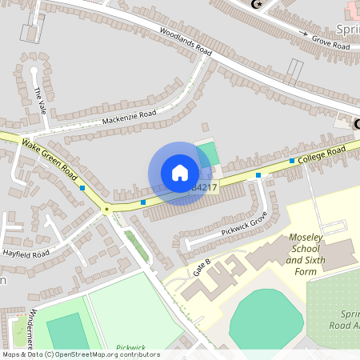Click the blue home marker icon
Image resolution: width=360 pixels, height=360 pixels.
point(180,173)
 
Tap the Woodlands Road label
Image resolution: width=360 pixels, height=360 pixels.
point(185,42)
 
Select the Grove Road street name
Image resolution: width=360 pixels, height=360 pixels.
point(330,46)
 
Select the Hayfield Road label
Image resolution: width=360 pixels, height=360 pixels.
point(26,253)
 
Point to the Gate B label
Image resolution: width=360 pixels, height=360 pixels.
point(202,267)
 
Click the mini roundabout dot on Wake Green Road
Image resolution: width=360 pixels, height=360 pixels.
point(106,210)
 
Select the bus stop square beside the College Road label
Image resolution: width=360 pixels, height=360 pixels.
point(291,161)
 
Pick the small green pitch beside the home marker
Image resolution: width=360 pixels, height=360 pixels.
point(207,151)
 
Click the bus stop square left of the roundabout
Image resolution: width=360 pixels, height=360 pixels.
point(83,188)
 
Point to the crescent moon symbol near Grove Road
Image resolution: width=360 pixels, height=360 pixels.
point(257,5)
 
